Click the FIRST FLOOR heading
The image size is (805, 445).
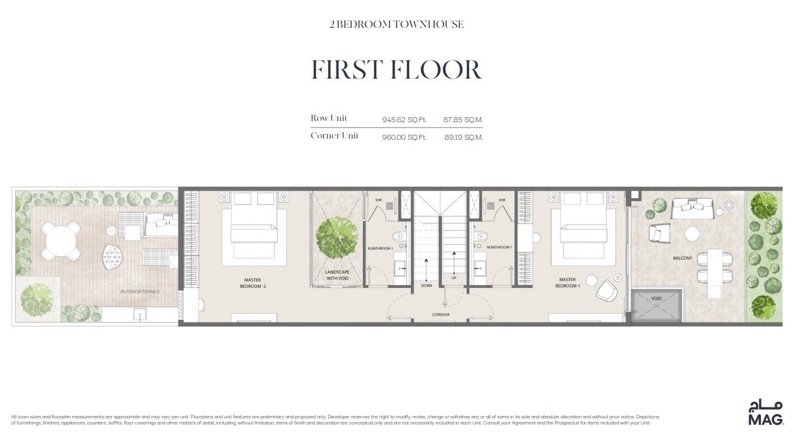coord(396,70)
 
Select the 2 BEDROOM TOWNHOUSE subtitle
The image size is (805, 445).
coord(396,24)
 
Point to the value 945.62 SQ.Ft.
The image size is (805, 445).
coord(404,120)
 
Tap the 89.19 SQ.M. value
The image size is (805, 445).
coord(462,137)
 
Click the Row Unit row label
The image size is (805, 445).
coord(329,118)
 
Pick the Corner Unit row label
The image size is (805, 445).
coord(334,135)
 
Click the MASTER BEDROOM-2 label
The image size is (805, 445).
coord(252,283)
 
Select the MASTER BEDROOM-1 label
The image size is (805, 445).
coord(567,283)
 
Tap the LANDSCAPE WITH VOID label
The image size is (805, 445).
coord(337,275)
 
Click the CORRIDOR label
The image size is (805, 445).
coord(440,314)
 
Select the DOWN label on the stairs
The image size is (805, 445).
coord(427,286)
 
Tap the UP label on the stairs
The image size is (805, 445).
coord(453,278)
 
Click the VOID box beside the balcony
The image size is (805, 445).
coord(657,305)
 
